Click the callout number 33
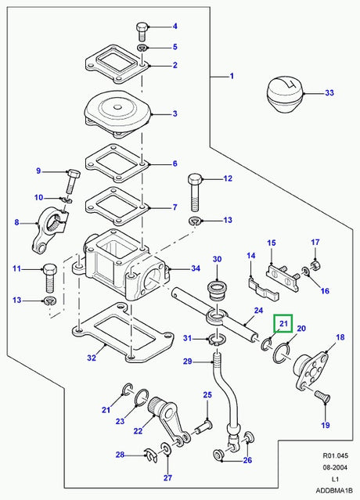329,94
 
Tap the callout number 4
175,27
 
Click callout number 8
16,222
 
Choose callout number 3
175,114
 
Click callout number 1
232,77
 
